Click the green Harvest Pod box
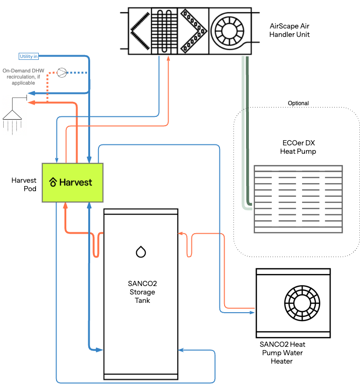[x=72, y=183]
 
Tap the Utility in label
[x=28, y=56]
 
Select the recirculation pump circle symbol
[x=62, y=72]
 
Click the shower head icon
[x=12, y=115]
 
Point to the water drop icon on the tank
[x=141, y=251]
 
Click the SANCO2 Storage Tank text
[x=142, y=292]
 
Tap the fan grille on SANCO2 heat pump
[x=302, y=303]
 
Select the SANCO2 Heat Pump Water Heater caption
[x=282, y=352]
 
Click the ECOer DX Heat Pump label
[x=298, y=147]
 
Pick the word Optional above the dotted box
[x=298, y=103]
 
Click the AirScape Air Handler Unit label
[x=289, y=30]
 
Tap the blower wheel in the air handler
[x=229, y=31]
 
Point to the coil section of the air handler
[x=164, y=31]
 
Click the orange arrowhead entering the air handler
[x=169, y=58]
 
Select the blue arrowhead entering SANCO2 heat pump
[x=252, y=313]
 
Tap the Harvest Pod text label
[x=24, y=184]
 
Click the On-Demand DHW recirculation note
[x=23, y=77]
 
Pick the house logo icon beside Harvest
[x=53, y=182]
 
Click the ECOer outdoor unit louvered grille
[x=298, y=199]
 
